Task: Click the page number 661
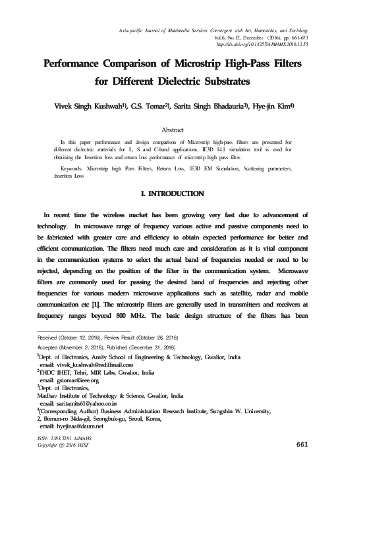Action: click(302, 445)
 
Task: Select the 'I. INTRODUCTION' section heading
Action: click(173, 194)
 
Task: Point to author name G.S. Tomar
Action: click(148, 105)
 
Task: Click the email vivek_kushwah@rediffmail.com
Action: click(92, 365)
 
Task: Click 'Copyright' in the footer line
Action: click(51, 445)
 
